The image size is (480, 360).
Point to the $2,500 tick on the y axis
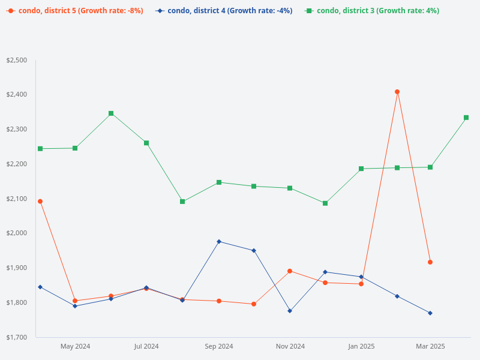pyautogui.click(x=17, y=60)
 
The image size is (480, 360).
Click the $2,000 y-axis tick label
pyautogui.click(x=17, y=233)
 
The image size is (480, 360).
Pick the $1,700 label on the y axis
pyautogui.click(x=17, y=337)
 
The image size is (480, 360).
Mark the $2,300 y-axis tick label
pyautogui.click(x=17, y=129)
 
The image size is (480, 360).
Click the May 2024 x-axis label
pyautogui.click(x=76, y=346)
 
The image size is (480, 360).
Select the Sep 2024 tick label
pyautogui.click(x=219, y=346)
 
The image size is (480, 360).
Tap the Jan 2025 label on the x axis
pyautogui.click(x=361, y=346)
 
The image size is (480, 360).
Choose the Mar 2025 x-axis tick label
pyautogui.click(x=430, y=346)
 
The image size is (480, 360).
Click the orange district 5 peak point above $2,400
pyautogui.click(x=397, y=92)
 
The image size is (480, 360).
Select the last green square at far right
pyautogui.click(x=466, y=118)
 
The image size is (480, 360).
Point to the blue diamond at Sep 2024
pyautogui.click(x=219, y=241)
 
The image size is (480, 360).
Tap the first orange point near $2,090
pyautogui.click(x=40, y=202)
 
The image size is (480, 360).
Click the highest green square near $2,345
pyautogui.click(x=111, y=113)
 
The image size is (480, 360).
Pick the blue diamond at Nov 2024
pyautogui.click(x=290, y=311)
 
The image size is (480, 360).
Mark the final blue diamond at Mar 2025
pyautogui.click(x=430, y=313)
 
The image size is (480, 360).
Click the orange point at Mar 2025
pyautogui.click(x=430, y=262)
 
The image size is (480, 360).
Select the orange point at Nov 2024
pyautogui.click(x=290, y=271)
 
